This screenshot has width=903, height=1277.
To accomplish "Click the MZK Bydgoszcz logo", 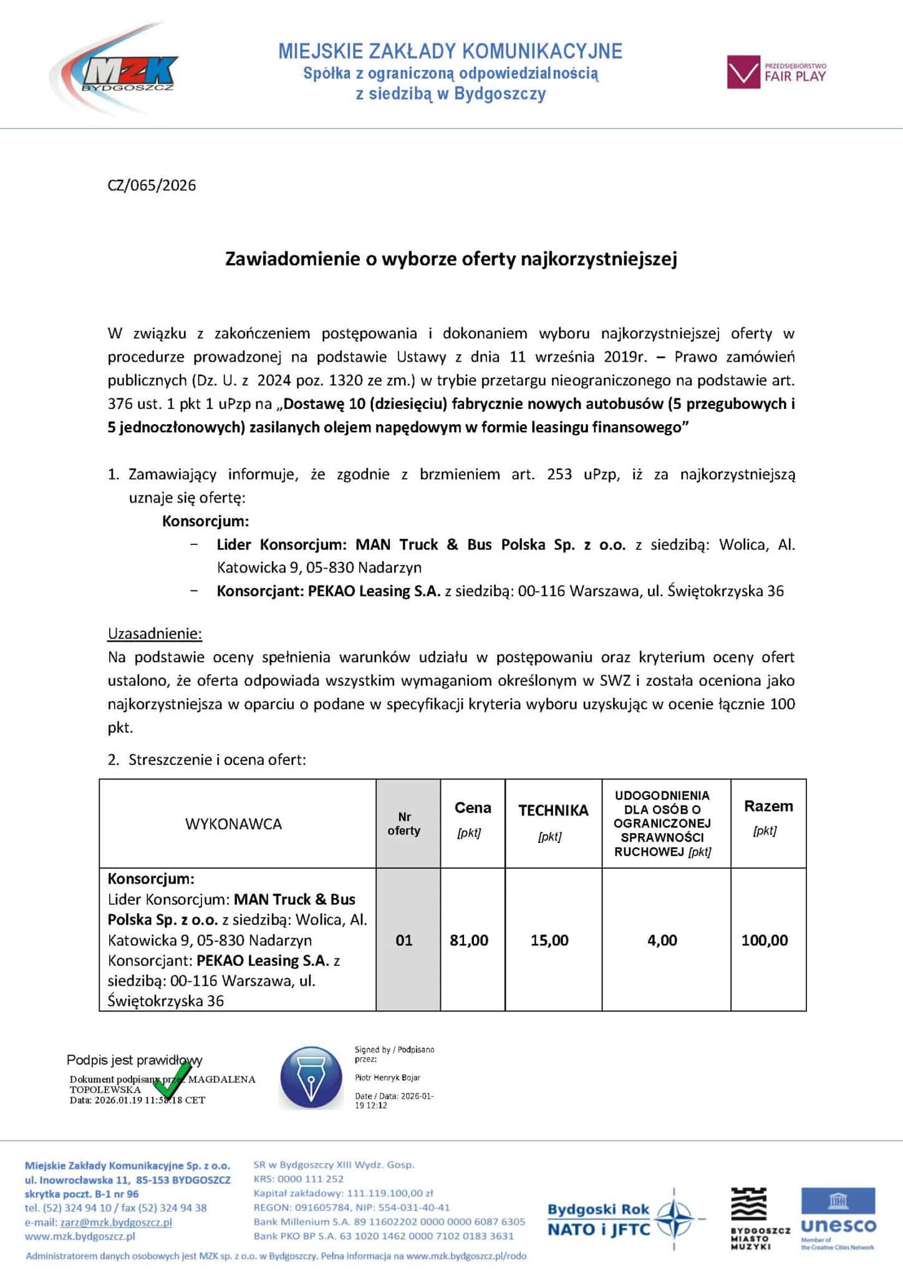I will pos(115,72).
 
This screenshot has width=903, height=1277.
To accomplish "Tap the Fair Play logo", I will pos(777,72).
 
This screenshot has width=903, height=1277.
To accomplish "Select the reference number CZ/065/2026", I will pos(152,185).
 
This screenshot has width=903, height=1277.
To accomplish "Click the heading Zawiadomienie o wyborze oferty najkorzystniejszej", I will pos(451,259).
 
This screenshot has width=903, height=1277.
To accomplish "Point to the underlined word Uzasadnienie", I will pos(155,634).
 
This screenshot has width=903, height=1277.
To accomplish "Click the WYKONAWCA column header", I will pos(233,824).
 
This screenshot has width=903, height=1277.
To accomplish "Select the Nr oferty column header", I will pos(404,824).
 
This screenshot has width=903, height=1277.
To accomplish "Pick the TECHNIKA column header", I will pos(553,810).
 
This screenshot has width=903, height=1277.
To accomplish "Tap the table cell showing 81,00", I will pos(469,940).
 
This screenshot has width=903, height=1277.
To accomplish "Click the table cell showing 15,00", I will pos(549,940).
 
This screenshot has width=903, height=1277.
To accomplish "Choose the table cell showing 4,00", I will pos(662,940).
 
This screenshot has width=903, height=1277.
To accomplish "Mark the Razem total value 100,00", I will pos(765,940).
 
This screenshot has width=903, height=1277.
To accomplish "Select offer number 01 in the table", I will pos(404,940).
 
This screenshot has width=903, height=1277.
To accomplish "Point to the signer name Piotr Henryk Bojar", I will pos(387,1077).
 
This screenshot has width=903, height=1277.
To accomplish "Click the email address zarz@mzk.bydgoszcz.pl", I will pos(116,1222).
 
